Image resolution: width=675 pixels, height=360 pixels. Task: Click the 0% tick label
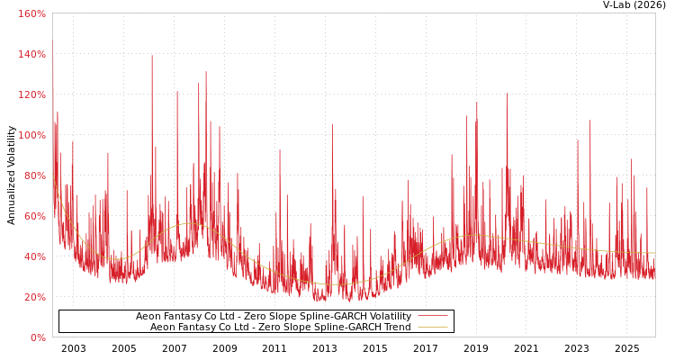(x=38, y=337)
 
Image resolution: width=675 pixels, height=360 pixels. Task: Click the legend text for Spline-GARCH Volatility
(x=274, y=317)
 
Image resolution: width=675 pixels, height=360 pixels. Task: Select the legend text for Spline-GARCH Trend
(x=280, y=328)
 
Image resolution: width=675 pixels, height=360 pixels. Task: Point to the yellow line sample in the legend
(x=432, y=328)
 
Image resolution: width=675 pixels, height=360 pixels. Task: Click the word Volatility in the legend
(x=390, y=317)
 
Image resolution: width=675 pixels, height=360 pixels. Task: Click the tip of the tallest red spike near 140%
(x=152, y=56)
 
